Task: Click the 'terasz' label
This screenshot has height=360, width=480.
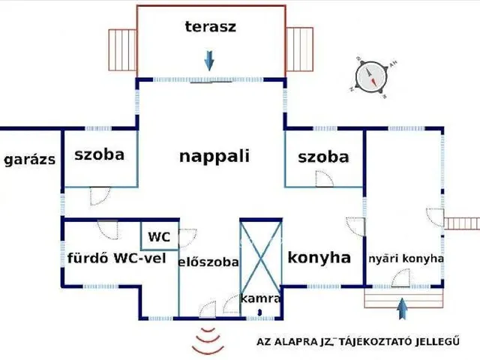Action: coord(211,27)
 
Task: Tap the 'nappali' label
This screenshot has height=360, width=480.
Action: coord(214,157)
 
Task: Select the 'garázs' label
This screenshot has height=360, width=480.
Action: coord(29,160)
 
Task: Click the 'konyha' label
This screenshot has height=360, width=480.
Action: coord(319,258)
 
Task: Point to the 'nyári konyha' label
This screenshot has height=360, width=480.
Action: coord(406,259)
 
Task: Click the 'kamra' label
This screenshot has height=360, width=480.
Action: coord(260,298)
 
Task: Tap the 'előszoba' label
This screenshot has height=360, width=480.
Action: coord(208,262)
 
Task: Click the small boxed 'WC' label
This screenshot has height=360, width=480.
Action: coord(159,237)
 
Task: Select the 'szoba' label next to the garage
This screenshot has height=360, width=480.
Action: coord(99,155)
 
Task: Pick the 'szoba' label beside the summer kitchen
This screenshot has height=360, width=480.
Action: coord(323,157)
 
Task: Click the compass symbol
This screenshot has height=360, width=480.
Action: coord(370,76)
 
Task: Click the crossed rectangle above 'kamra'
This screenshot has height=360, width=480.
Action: coord(260,255)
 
